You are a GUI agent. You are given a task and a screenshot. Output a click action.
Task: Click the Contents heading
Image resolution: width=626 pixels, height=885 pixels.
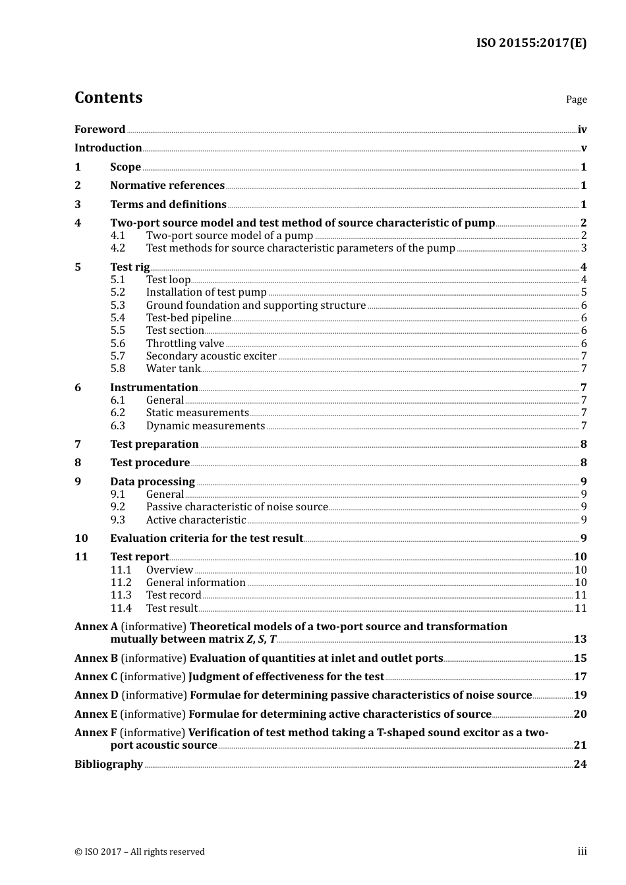coord(108,97)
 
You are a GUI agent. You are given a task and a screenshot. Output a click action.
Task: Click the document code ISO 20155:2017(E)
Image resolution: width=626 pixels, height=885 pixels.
coord(531,43)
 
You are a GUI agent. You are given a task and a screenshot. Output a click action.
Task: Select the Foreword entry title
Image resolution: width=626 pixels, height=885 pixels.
coord(100,130)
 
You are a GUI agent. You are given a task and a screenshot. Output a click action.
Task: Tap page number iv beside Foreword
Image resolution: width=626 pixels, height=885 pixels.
coord(582,130)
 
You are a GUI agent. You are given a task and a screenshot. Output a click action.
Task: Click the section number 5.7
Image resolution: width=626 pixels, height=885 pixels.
coord(117,356)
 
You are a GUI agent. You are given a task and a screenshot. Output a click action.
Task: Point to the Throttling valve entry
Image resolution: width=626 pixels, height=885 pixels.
coord(185,344)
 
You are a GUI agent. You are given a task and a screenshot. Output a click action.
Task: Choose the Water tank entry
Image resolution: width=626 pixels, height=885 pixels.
coord(173,369)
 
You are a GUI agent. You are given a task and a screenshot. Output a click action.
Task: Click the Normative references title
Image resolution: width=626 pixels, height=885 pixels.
coord(167,186)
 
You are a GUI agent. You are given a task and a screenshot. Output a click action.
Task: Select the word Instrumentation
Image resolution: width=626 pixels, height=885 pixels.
coord(154,388)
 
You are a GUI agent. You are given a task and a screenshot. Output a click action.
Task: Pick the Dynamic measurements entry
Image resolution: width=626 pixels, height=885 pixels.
coord(205,426)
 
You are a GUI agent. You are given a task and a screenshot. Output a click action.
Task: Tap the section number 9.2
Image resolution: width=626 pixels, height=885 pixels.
coord(117,507)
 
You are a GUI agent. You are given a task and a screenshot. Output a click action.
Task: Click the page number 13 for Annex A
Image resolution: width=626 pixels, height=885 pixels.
coord(580,639)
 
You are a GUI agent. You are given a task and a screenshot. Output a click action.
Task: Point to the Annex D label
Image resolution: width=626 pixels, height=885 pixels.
coord(96,695)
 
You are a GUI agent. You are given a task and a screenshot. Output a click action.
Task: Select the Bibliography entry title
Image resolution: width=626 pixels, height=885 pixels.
coord(109,764)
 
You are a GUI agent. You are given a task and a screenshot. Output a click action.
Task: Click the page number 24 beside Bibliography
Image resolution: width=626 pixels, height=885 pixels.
coord(580,764)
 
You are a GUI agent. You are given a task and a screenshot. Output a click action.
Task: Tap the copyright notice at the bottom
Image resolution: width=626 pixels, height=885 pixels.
coord(140,852)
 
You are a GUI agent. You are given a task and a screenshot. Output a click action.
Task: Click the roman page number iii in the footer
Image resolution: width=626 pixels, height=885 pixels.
coord(582,851)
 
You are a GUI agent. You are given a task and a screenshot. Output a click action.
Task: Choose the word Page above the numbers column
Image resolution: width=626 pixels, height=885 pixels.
coord(576,99)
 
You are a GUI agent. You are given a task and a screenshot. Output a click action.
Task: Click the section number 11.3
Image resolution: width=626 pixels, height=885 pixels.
coord(121,595)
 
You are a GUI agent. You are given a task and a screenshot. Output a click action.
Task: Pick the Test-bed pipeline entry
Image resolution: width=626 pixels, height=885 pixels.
coord(188,318)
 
